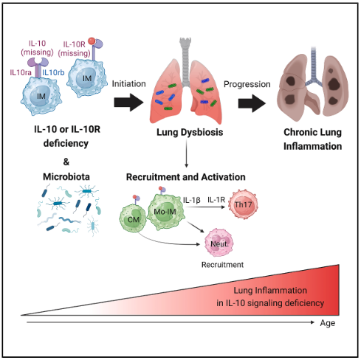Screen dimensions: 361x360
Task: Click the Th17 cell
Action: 243,204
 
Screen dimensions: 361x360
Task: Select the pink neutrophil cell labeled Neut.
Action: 219,243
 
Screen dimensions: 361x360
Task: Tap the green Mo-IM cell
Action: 166,212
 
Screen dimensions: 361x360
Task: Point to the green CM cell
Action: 133,219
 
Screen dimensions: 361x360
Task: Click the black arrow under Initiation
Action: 128,103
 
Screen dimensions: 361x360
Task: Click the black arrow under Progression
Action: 252,103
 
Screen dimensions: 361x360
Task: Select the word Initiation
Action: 128,84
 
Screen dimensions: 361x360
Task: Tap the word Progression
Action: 247,84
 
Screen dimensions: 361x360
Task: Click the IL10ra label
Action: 21,72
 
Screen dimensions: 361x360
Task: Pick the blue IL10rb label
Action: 53,72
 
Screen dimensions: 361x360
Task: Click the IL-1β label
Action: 192,200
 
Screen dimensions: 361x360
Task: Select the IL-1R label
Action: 216,200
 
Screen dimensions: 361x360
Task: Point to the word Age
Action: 328,323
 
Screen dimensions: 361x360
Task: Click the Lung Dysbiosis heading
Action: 190,132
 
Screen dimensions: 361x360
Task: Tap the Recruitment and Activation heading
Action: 186,177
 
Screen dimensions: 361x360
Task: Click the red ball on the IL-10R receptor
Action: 92,41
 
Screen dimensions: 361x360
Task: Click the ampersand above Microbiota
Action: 66,162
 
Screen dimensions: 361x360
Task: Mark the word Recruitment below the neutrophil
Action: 222,265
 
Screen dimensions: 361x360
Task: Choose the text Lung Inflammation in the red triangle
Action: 270,291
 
